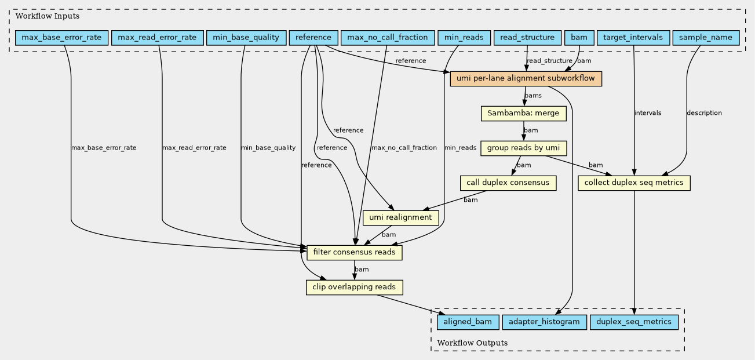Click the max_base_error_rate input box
click(61, 38)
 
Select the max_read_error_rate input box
click(157, 38)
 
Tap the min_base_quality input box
click(246, 38)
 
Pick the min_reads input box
click(464, 38)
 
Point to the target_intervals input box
click(633, 38)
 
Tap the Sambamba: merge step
click(524, 114)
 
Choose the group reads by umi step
click(524, 148)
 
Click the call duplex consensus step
click(508, 183)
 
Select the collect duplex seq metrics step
click(634, 183)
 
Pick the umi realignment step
click(400, 218)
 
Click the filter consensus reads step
click(354, 253)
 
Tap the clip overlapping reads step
click(354, 288)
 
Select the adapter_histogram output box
click(545, 322)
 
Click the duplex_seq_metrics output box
click(634, 322)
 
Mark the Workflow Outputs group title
click(472, 343)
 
